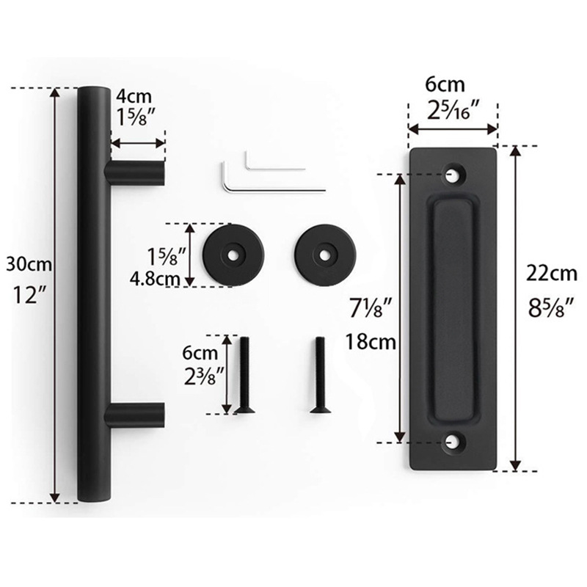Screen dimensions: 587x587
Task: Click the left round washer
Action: [233, 255]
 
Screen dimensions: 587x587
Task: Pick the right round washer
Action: [325, 255]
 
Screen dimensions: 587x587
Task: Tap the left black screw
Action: [245, 375]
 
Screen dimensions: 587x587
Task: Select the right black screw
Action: [318, 375]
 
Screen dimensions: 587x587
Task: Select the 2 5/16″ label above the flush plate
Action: [453, 110]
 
